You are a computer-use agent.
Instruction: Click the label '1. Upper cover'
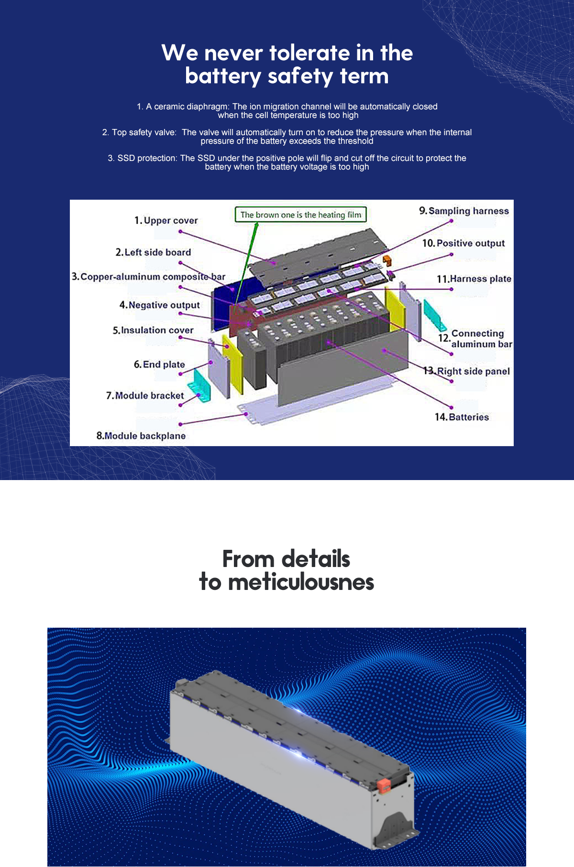tap(166, 221)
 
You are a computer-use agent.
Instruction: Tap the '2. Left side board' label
tap(153, 252)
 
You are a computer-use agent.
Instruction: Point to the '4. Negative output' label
tap(160, 305)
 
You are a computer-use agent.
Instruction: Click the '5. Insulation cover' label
tap(153, 330)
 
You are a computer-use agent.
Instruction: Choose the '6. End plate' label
tap(159, 364)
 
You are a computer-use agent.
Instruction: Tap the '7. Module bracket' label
tap(145, 396)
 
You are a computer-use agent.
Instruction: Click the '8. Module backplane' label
tap(141, 436)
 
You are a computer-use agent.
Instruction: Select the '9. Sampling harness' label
tap(464, 211)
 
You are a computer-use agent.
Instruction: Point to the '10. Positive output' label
tap(464, 243)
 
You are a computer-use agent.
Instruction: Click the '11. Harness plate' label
tap(474, 279)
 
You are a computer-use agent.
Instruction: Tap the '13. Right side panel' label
tap(467, 371)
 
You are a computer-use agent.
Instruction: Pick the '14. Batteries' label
tap(462, 417)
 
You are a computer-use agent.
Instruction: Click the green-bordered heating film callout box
tap(301, 214)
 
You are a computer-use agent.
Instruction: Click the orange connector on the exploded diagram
tap(386, 260)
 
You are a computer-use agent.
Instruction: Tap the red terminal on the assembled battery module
tap(383, 785)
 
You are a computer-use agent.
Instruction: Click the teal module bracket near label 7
tap(199, 385)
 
